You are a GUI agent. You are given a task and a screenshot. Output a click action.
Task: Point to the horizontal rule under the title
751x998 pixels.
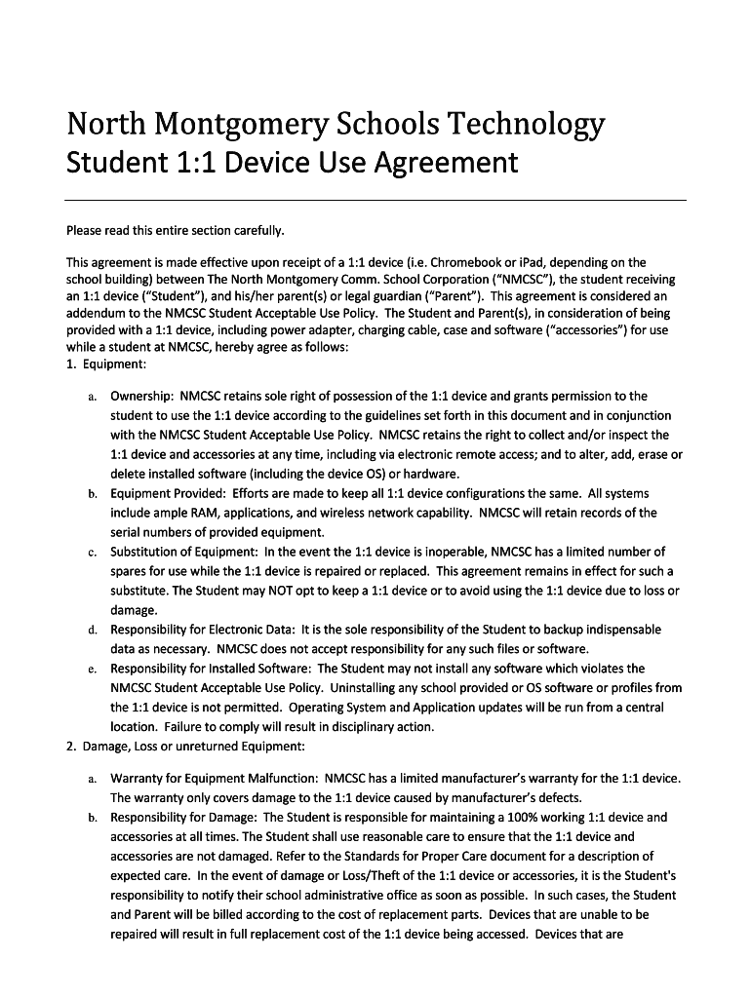click(x=375, y=200)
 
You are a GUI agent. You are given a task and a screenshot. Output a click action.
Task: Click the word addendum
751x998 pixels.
click(x=99, y=313)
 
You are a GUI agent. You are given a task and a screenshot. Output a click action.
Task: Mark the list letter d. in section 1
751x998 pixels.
click(x=91, y=630)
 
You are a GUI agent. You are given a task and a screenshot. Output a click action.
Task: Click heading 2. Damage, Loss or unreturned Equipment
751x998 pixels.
click(x=185, y=747)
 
